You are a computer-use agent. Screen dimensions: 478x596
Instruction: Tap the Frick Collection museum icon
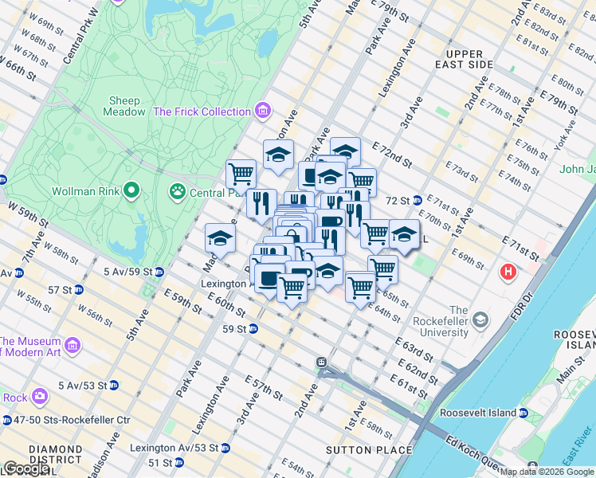point(263,112)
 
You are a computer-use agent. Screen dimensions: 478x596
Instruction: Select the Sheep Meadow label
point(124,106)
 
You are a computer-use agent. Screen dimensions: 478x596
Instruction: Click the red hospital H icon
point(508,273)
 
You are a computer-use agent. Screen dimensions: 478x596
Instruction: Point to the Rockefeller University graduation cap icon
point(480,320)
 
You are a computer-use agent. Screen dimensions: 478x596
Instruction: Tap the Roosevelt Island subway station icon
point(523,413)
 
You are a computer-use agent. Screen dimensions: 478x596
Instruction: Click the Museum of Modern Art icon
point(73,347)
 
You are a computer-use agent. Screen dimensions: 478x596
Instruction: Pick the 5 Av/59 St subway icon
point(159,272)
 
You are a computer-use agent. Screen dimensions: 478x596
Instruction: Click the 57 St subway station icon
point(79,289)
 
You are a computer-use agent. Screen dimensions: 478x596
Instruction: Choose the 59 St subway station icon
point(253,328)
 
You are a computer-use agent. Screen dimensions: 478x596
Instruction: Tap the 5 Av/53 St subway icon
point(113,386)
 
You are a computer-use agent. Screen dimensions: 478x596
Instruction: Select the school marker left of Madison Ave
point(220,237)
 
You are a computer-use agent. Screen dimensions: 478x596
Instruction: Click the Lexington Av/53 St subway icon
point(226,448)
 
